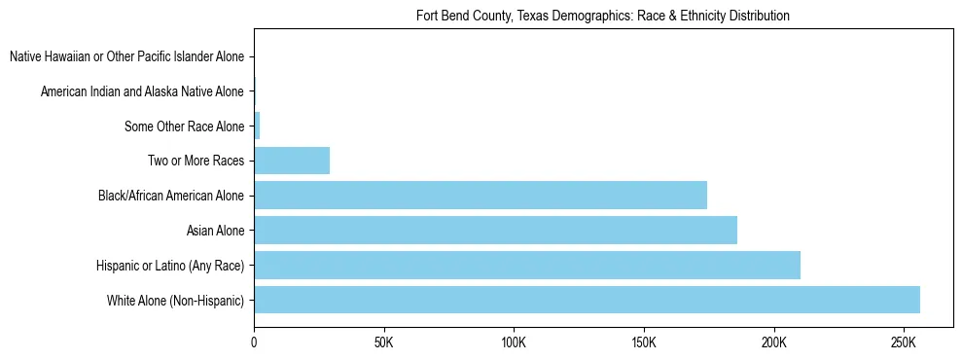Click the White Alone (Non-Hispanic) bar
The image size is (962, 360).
587,300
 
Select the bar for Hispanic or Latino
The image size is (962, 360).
527,265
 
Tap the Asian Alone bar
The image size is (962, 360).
495,231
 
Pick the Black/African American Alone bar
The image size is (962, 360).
481,196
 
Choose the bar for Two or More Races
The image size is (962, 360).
292,161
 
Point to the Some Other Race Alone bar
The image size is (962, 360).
257,126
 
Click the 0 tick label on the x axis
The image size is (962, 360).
254,344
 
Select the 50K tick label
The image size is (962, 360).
383,344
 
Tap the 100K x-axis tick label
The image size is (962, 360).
514,344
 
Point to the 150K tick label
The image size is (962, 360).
644,344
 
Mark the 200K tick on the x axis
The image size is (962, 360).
774,344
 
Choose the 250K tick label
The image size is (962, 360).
904,344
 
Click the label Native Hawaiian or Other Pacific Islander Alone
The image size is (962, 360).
126,56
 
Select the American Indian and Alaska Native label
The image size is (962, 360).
142,91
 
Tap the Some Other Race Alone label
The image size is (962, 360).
185,126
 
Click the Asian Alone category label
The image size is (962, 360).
215,231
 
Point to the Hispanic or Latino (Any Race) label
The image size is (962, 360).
170,266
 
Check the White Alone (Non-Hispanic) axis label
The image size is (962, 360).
176,301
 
